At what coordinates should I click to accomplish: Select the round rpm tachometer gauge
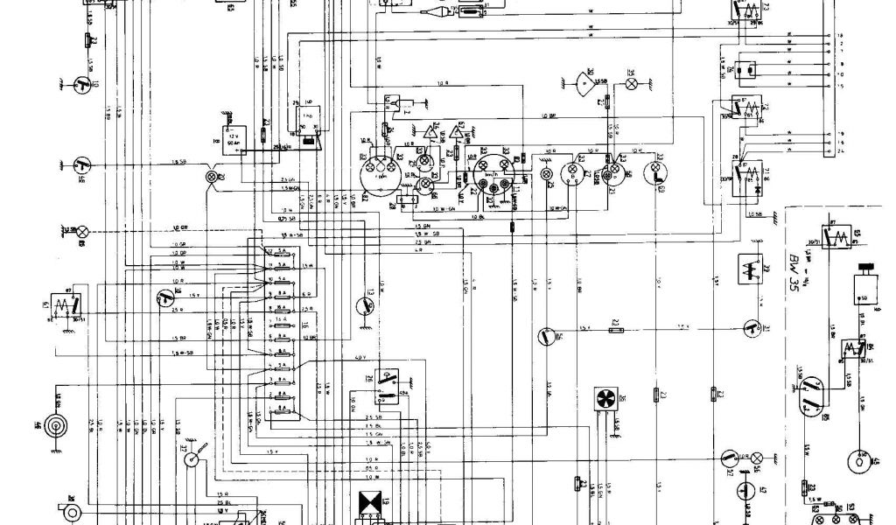click(x=379, y=167)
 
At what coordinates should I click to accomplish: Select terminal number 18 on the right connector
click(x=839, y=34)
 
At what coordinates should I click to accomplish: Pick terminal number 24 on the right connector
click(x=839, y=151)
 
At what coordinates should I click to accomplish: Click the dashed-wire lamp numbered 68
click(x=82, y=232)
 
